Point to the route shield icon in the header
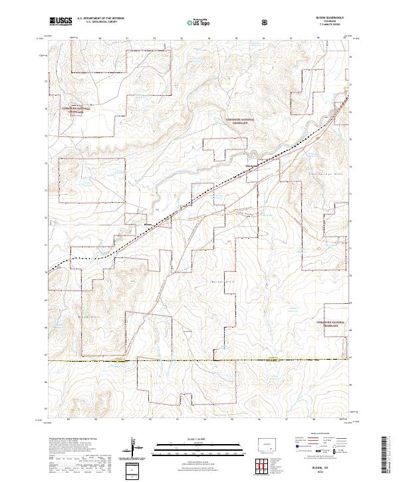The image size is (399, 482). click(266, 21)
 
